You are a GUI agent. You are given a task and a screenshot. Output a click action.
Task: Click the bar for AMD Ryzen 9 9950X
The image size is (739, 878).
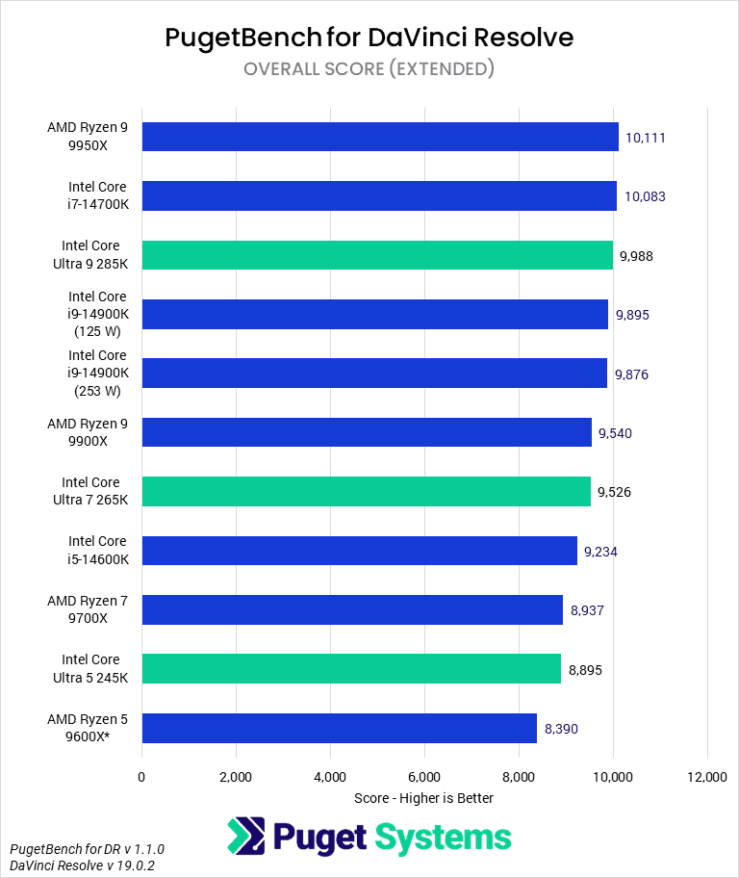(380, 137)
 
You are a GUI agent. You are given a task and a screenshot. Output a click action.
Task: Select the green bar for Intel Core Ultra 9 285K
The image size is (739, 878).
(377, 255)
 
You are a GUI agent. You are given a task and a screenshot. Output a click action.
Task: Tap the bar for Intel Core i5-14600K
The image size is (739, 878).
(359, 551)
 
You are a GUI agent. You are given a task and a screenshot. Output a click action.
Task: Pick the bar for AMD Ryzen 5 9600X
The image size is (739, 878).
(339, 728)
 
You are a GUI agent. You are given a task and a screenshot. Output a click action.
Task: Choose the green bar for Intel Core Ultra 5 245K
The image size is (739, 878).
(351, 669)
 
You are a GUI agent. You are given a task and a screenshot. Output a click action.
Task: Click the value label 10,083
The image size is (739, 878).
(645, 196)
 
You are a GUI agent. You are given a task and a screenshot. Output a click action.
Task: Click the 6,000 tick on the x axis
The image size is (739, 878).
(424, 777)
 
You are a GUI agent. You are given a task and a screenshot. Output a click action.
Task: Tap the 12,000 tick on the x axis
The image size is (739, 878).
(707, 777)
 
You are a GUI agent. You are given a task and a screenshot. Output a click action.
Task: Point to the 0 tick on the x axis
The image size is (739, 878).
(142, 777)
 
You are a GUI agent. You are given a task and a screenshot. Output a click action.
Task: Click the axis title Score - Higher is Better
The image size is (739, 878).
(424, 798)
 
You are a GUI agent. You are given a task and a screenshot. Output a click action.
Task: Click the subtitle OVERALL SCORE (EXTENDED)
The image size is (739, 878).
(369, 68)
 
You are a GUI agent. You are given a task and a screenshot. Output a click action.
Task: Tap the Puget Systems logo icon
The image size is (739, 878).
(246, 836)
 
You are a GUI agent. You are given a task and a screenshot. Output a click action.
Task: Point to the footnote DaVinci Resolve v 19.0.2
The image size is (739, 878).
(87, 865)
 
